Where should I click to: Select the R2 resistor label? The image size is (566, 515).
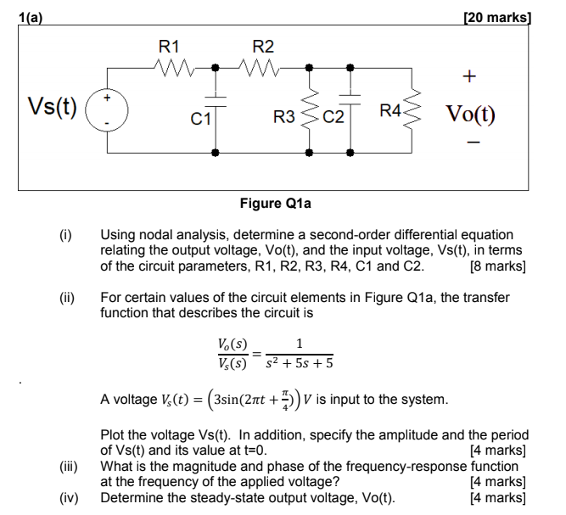tap(263, 46)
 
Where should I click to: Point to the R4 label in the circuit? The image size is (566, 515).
tap(392, 110)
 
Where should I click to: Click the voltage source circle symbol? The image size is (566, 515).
tap(107, 110)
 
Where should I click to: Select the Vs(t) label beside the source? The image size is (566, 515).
tap(52, 107)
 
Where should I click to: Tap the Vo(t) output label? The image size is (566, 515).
tap(469, 114)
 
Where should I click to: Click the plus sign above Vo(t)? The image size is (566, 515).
tap(468, 77)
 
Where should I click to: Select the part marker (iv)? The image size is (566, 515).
tap(70, 498)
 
